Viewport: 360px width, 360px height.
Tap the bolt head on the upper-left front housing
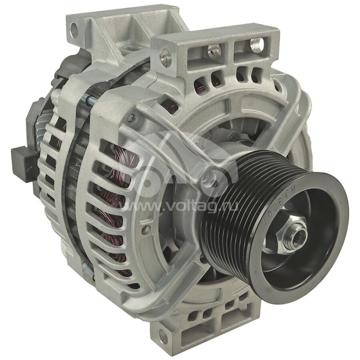[x=131, y=118]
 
